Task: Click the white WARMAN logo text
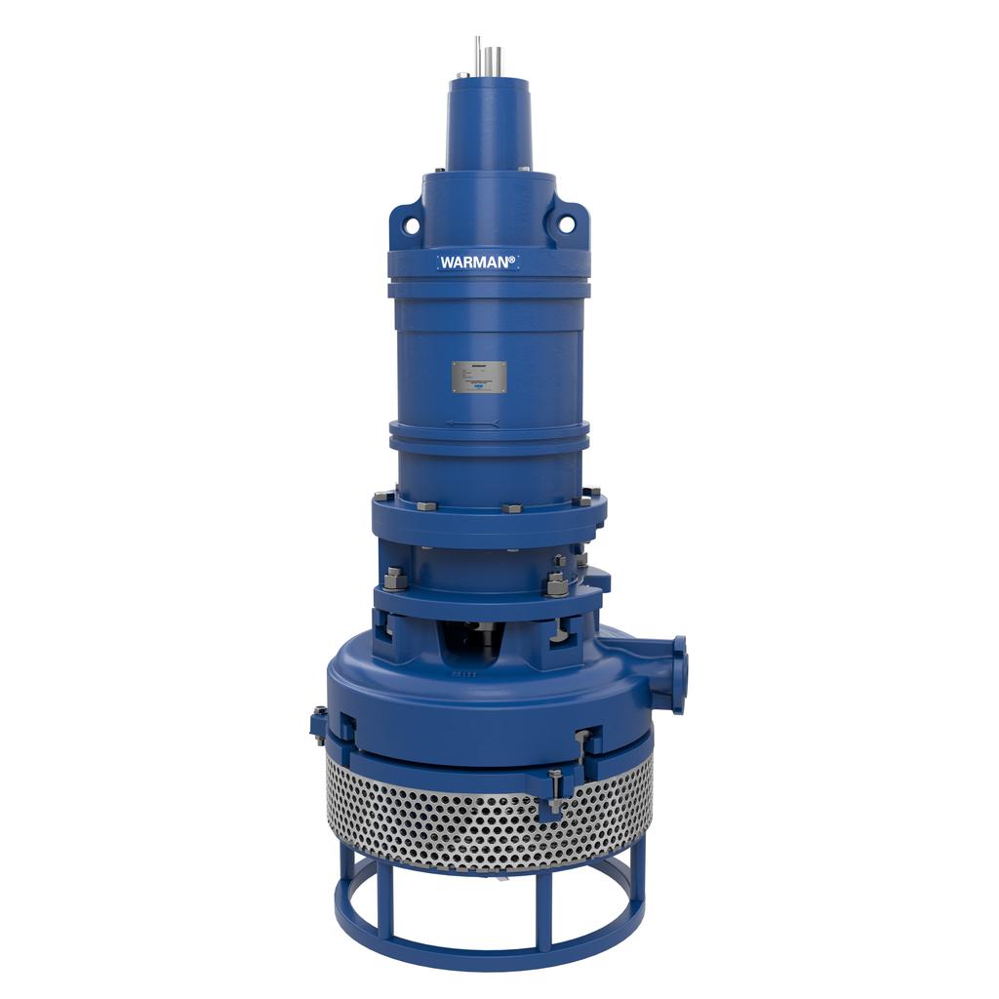point(477,261)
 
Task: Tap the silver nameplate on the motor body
point(479,377)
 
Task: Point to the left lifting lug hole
point(412,226)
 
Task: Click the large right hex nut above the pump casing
point(557,585)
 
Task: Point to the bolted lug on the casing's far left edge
point(318,722)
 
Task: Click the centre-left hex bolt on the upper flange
point(426,506)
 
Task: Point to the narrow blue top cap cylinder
point(490,122)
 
